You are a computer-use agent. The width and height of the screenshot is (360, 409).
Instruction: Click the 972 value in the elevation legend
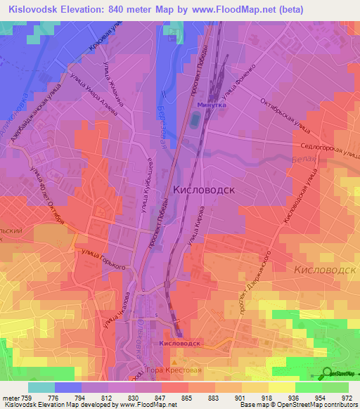[346, 398]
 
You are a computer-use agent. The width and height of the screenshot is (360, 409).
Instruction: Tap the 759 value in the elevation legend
[25, 398]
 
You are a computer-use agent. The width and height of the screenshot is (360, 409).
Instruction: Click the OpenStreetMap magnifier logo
[327, 373]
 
